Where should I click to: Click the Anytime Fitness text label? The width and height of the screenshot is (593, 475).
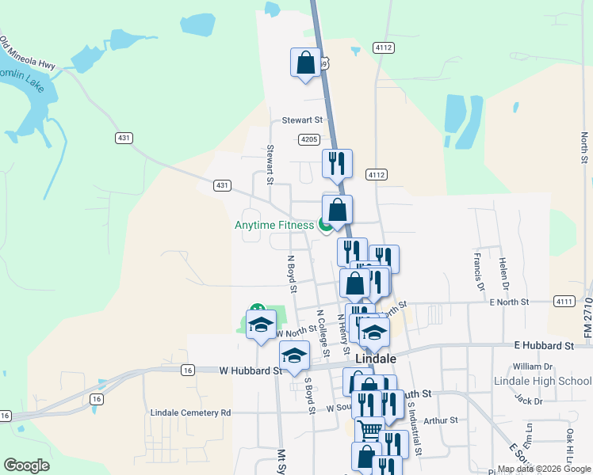pos(274,225)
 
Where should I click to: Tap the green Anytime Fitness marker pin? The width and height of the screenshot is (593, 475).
pos(325,226)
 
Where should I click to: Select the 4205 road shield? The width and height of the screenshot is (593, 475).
pos(308,139)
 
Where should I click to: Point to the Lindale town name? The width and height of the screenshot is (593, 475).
pos(375,358)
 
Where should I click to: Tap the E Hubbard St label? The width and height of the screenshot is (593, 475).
pos(543,346)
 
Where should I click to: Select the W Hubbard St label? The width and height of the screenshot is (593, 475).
pos(251,370)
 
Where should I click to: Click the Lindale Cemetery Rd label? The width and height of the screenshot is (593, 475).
pos(191,412)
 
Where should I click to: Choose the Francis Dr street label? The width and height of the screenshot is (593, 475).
pos(478,268)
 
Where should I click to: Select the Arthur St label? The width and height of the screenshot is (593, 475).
pos(442,421)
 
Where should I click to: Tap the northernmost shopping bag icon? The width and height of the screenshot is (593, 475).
pos(306,62)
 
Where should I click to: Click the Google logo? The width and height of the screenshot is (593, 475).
pos(26,465)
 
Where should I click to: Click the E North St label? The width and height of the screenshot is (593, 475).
pos(509,302)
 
